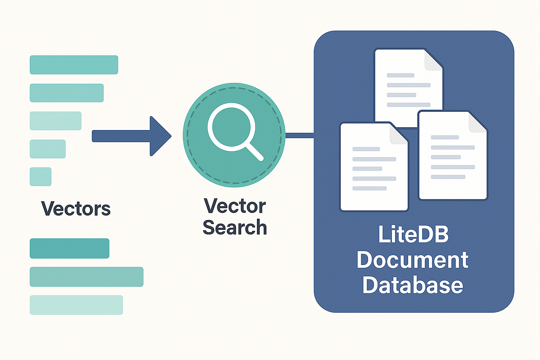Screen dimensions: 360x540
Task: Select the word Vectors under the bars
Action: (76, 209)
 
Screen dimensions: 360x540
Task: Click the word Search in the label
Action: (234, 228)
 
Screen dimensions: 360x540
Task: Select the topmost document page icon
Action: (408, 88)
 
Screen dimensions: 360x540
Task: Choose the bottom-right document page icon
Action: (452, 155)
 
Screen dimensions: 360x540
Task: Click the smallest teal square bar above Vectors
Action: (40, 176)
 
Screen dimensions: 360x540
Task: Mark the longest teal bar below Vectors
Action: (86, 277)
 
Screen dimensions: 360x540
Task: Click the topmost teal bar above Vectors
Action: (74, 64)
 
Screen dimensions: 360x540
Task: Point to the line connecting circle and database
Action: (300, 135)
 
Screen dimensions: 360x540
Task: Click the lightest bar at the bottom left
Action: (76, 305)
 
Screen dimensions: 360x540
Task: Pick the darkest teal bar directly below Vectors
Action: (69, 248)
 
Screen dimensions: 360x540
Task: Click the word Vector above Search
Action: (234, 207)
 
